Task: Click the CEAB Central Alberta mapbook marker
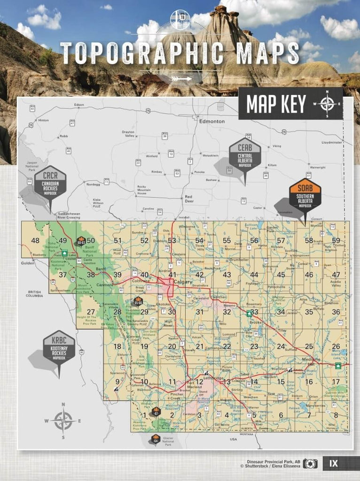coord(245,155)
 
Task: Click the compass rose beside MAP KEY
coord(328,104)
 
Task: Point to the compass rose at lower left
coord(63,421)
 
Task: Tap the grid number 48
coord(35,241)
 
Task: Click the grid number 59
coord(336,240)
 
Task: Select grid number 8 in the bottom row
coord(336,415)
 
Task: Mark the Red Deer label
coord(188,199)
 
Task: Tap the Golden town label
coord(28,263)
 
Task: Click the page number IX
coord(333,464)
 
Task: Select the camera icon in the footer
coord(310,464)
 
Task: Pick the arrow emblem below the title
coord(181,78)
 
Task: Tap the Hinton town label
coord(43,120)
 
